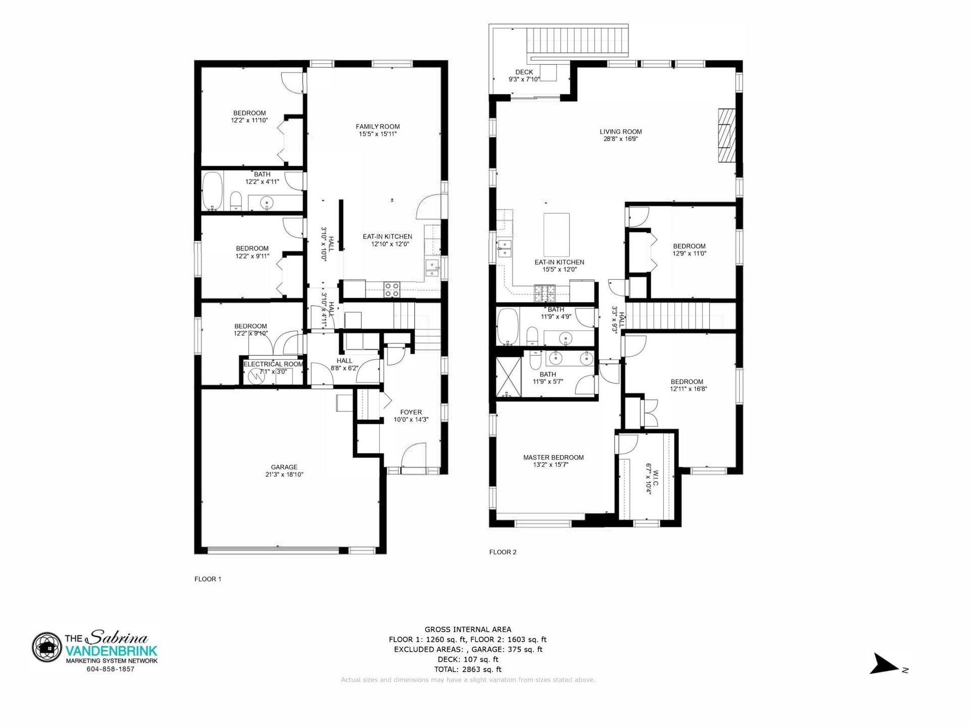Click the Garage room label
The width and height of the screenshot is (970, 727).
coord(284,467)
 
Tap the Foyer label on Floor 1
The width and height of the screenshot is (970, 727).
coord(411,412)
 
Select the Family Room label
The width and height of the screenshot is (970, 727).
coord(377,127)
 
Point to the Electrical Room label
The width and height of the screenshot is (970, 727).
coord(273,364)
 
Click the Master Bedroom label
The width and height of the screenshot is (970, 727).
coord(553,458)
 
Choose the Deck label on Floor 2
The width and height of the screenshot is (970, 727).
coord(524,72)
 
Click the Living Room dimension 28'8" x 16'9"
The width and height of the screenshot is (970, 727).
coord(621,139)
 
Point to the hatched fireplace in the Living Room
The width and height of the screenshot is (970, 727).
coord(726,135)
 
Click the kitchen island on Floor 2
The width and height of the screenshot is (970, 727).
coord(556,234)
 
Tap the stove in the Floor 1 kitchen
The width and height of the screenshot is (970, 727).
coord(392,289)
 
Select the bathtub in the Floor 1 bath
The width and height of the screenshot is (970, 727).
coord(213,191)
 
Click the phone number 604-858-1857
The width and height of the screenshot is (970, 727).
coord(110,669)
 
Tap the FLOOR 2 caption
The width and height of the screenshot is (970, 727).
coord(503,552)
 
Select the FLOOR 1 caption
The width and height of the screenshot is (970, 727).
coord(208,579)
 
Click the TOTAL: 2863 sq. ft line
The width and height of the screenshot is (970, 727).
coord(468,669)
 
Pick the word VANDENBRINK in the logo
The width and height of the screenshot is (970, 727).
coord(112,651)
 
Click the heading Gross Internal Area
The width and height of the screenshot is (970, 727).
coord(468,629)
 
